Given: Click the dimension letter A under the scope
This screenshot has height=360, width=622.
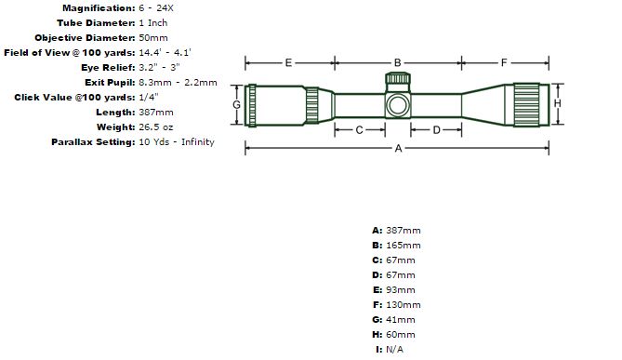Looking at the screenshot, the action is point(398,149).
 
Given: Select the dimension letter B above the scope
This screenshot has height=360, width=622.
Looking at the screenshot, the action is point(398,62).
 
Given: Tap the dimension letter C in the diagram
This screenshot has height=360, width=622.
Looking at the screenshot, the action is point(360,130).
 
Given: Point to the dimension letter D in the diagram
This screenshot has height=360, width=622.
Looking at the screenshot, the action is point(436,130).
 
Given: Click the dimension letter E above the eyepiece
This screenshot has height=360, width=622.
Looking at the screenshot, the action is point(288,62).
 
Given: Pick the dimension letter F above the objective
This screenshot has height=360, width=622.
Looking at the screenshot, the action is point(504,62).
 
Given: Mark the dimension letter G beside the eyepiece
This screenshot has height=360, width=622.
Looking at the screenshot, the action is point(236,104).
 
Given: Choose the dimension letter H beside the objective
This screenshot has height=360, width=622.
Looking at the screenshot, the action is point(557,103).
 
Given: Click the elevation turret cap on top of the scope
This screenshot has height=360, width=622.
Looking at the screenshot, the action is point(398,78).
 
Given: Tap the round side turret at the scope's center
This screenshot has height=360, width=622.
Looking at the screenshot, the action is point(398,105).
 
